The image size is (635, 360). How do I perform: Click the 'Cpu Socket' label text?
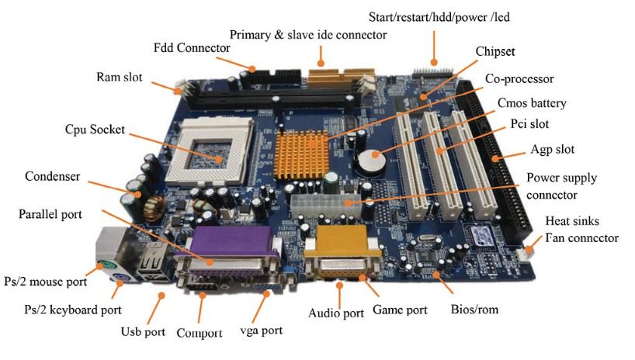[x=95, y=130]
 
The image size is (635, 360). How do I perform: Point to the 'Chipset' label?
[x=494, y=52]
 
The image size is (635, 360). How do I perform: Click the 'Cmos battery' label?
[x=531, y=103]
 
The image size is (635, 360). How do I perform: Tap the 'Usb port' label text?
[x=142, y=331]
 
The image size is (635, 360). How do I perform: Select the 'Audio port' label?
[x=335, y=313]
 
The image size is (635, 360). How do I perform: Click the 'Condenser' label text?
[x=53, y=176]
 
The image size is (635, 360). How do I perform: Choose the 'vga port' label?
[x=261, y=331]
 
